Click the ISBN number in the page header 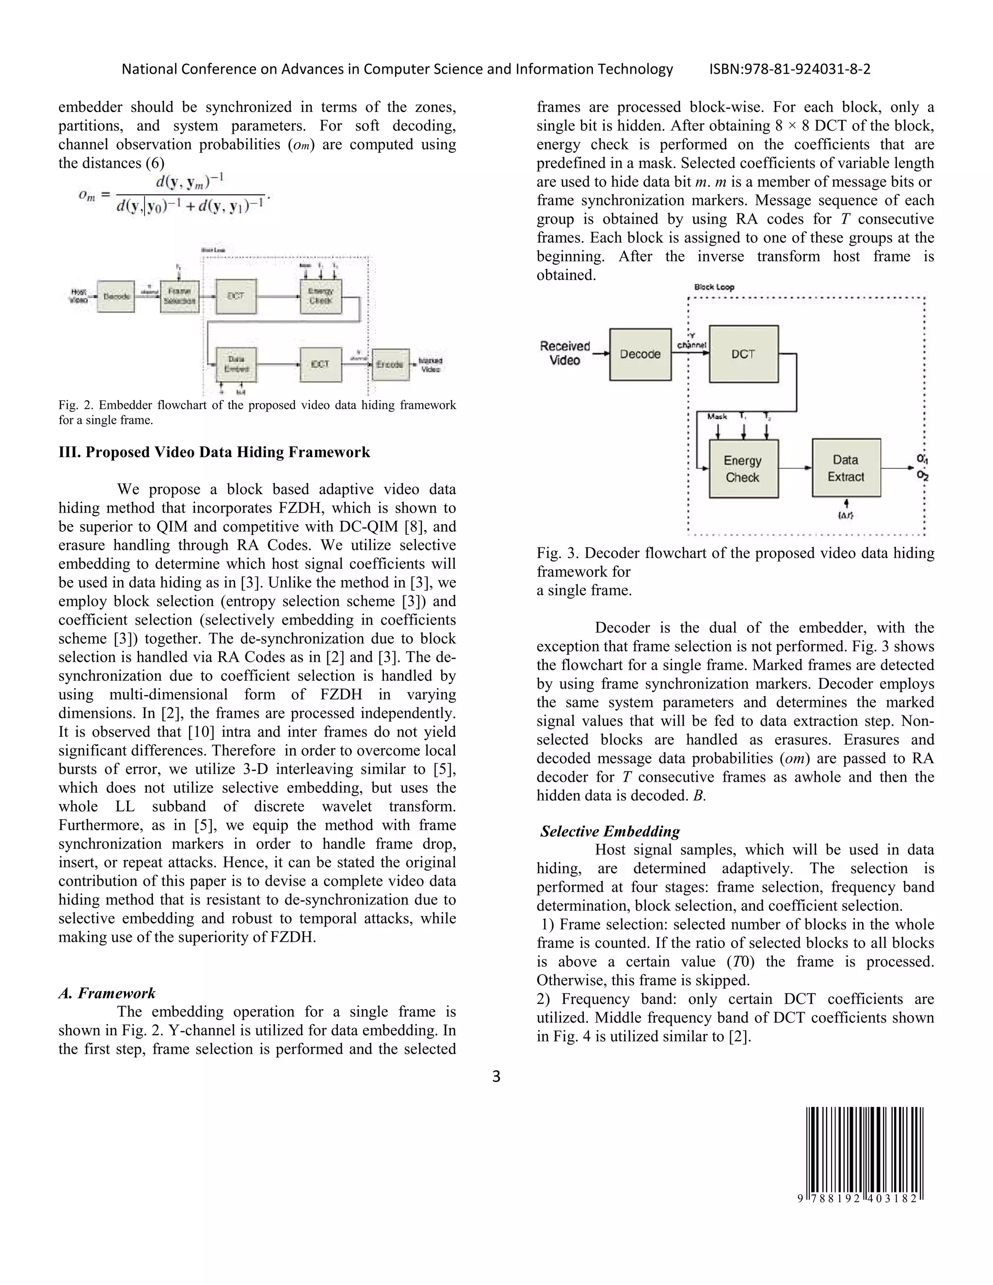click(x=789, y=69)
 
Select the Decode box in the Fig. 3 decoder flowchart click(x=640, y=354)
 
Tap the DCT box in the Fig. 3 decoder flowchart click(x=743, y=354)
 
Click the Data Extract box click(x=846, y=468)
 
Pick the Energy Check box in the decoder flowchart click(x=743, y=469)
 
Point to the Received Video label click(x=565, y=353)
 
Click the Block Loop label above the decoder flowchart click(x=714, y=287)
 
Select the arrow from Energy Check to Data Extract click(x=795, y=468)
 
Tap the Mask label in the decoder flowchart click(x=717, y=417)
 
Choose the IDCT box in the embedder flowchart click(x=320, y=364)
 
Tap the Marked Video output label click(x=431, y=365)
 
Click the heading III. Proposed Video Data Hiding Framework click(x=214, y=452)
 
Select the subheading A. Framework click(x=107, y=993)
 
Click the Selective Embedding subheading click(x=610, y=831)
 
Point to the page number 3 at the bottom click(x=496, y=1076)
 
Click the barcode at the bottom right click(x=864, y=1155)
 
